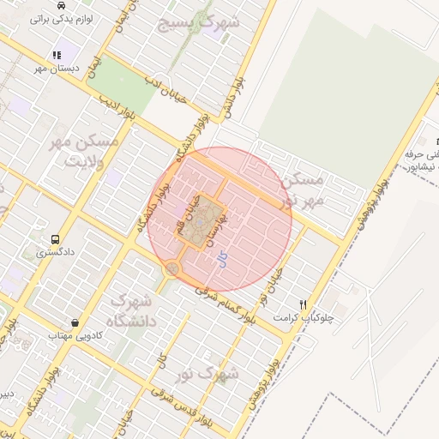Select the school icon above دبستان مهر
[x=57, y=55]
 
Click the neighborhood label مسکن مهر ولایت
[x=78, y=150]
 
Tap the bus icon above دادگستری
[x=56, y=240]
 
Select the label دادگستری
[x=54, y=254]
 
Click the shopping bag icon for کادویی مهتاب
[x=75, y=323]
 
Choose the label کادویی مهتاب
[x=69, y=336]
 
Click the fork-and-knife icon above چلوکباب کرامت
[x=303, y=304]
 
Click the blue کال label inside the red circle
[x=223, y=257]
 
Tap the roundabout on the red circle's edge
[x=172, y=269]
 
